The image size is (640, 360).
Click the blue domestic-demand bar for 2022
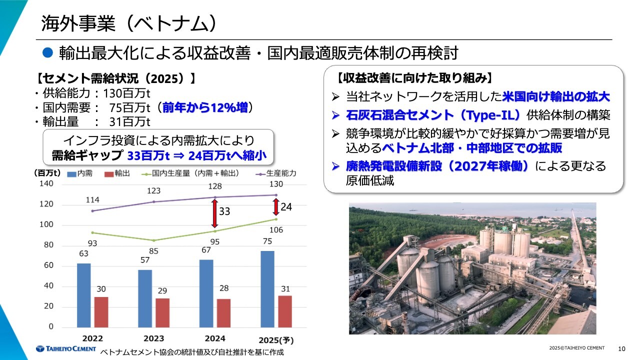click(x=84, y=295)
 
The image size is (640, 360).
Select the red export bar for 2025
click(x=285, y=311)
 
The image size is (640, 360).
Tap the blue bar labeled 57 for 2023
click(x=145, y=298)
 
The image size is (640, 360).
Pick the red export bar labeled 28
click(x=224, y=312)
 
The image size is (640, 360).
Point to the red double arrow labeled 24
click(x=275, y=207)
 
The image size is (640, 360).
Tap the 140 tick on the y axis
click(x=46, y=184)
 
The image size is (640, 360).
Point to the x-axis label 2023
click(x=153, y=338)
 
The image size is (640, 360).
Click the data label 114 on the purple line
click(x=92, y=200)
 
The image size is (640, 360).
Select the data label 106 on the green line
click(x=276, y=230)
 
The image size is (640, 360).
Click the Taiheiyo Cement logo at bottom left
click(x=65, y=348)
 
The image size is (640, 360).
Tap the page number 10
click(x=622, y=348)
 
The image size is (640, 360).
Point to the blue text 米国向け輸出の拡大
click(x=556, y=96)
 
